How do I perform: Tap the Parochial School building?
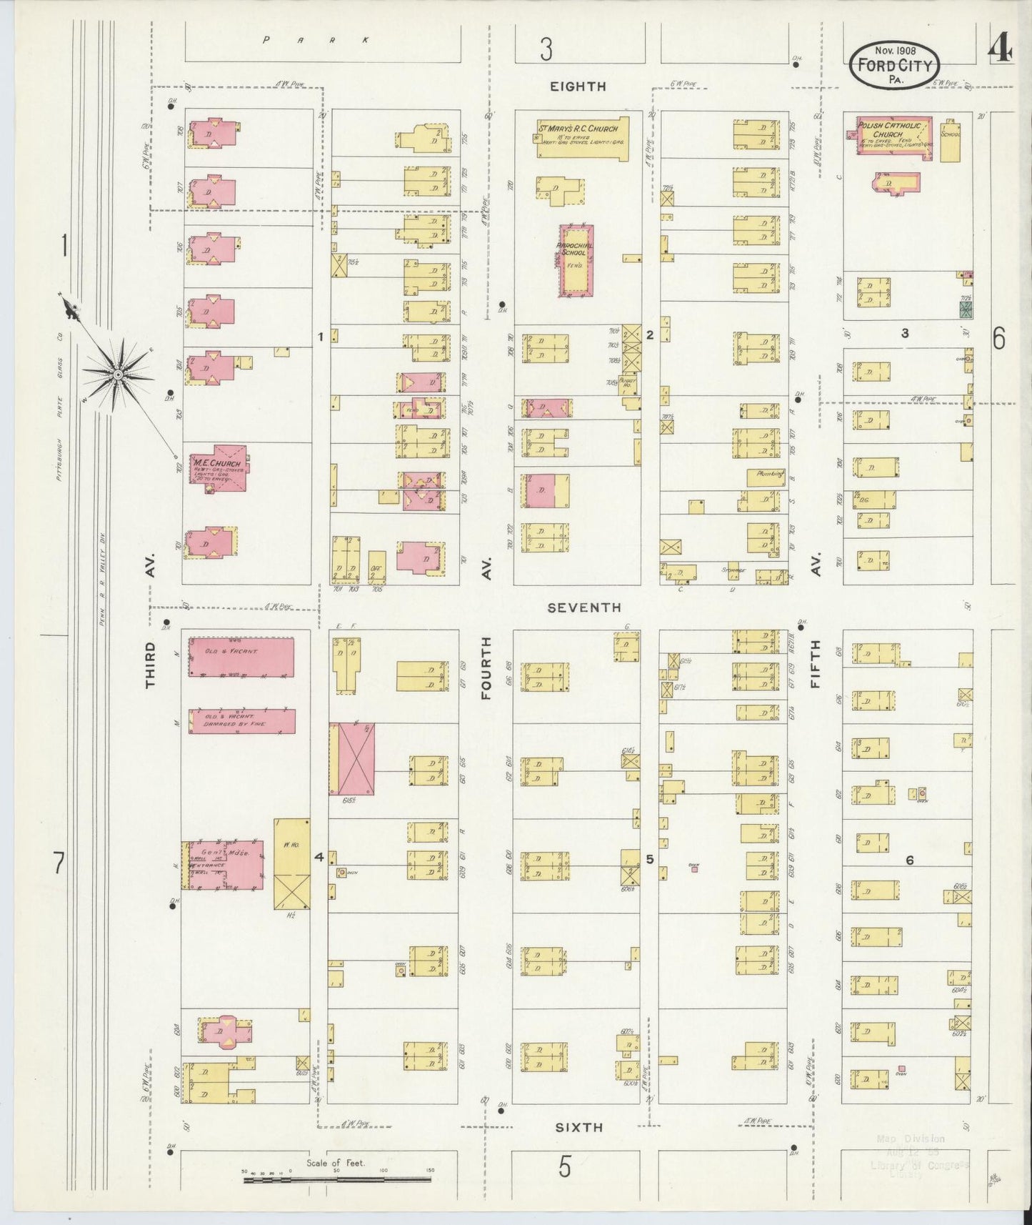click(x=575, y=260)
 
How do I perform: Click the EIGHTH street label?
click(x=578, y=86)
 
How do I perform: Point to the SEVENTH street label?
click(x=583, y=607)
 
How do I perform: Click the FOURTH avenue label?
click(x=487, y=668)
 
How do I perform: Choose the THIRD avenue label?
click(x=150, y=665)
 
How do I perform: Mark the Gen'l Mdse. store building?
click(x=221, y=865)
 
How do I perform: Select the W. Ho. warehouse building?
click(x=292, y=863)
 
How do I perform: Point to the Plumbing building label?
click(x=766, y=474)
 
